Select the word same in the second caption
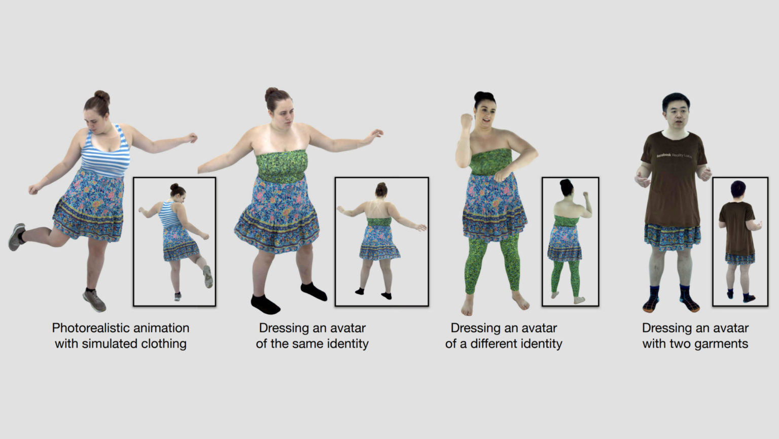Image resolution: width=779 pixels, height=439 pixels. coord(308,344)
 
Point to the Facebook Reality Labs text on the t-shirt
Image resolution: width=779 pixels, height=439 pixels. coord(674,155)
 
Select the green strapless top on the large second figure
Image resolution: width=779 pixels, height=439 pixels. coord(282,165)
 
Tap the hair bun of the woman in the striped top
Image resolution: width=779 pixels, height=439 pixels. coord(102,96)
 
